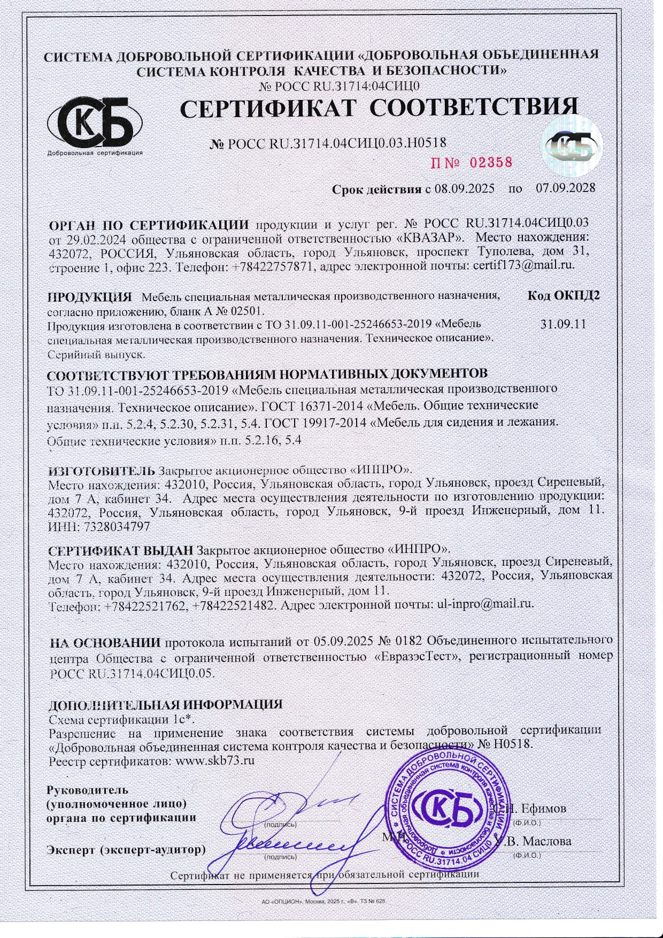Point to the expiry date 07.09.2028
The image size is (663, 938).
[565, 188]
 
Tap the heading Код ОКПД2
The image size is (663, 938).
[564, 296]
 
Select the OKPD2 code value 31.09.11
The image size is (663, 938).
[564, 324]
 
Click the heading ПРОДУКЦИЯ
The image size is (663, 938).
[89, 297]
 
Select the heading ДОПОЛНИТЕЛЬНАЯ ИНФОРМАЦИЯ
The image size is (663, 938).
[165, 705]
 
